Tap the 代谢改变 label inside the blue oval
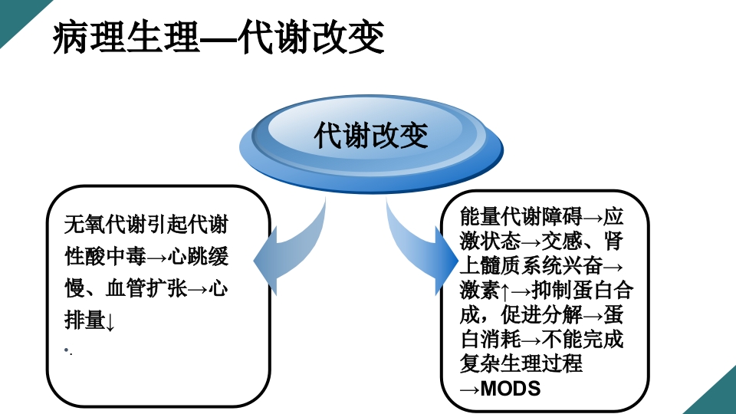coord(371,136)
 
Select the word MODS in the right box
coord(511,388)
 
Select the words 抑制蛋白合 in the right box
coord(583,291)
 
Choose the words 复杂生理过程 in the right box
coord(521,363)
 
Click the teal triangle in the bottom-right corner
coord(717,395)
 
